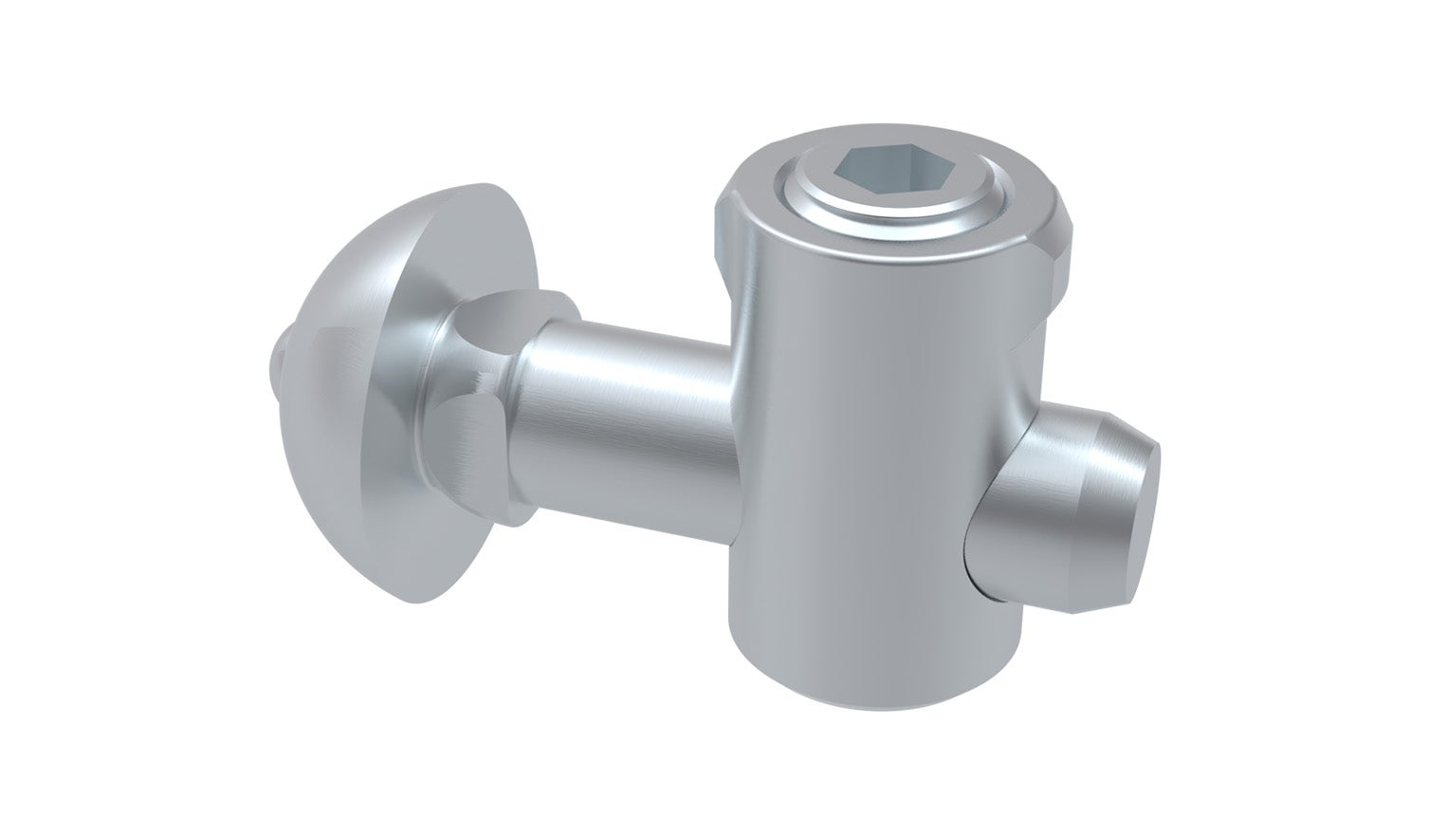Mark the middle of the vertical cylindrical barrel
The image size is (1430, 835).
[882, 455]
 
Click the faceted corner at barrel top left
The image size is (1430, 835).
[726, 228]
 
